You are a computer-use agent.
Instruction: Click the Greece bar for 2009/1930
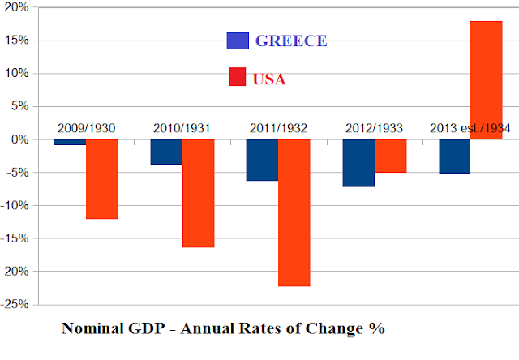click(70, 142)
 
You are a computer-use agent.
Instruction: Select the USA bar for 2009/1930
click(102, 179)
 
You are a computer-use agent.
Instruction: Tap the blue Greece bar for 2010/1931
click(166, 152)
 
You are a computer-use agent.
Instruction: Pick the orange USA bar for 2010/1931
click(198, 193)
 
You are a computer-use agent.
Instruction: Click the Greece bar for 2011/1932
click(262, 160)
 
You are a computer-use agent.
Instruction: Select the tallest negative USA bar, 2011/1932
click(294, 212)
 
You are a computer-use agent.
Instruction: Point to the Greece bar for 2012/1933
click(358, 163)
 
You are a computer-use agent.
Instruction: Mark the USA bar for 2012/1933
click(390, 156)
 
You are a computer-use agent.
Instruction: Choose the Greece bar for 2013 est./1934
click(454, 156)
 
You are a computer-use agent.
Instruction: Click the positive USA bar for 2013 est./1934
click(486, 79)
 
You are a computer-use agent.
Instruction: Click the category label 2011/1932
click(278, 128)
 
